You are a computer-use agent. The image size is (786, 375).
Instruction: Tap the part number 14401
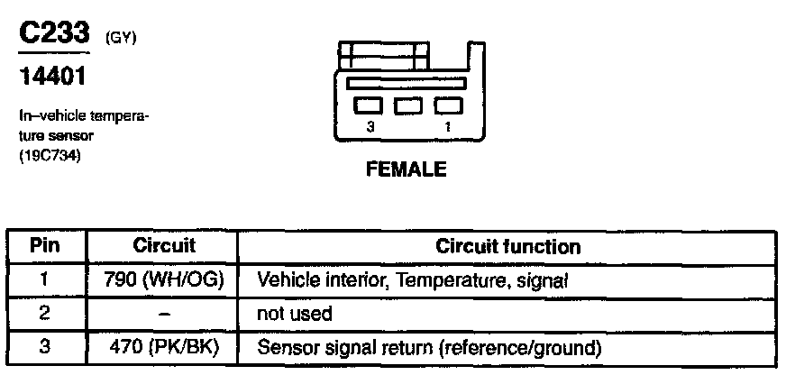[52, 78]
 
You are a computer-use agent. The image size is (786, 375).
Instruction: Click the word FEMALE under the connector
[406, 169]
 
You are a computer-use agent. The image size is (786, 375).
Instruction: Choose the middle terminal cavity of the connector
[408, 105]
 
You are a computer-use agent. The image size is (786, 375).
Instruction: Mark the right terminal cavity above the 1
[447, 105]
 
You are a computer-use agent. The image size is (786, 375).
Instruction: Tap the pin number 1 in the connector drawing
[448, 127]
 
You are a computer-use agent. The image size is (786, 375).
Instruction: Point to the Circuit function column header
[507, 246]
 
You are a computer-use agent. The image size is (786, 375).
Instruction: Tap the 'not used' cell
[295, 314]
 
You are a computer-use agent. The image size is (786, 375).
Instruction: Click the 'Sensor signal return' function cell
[429, 347]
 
